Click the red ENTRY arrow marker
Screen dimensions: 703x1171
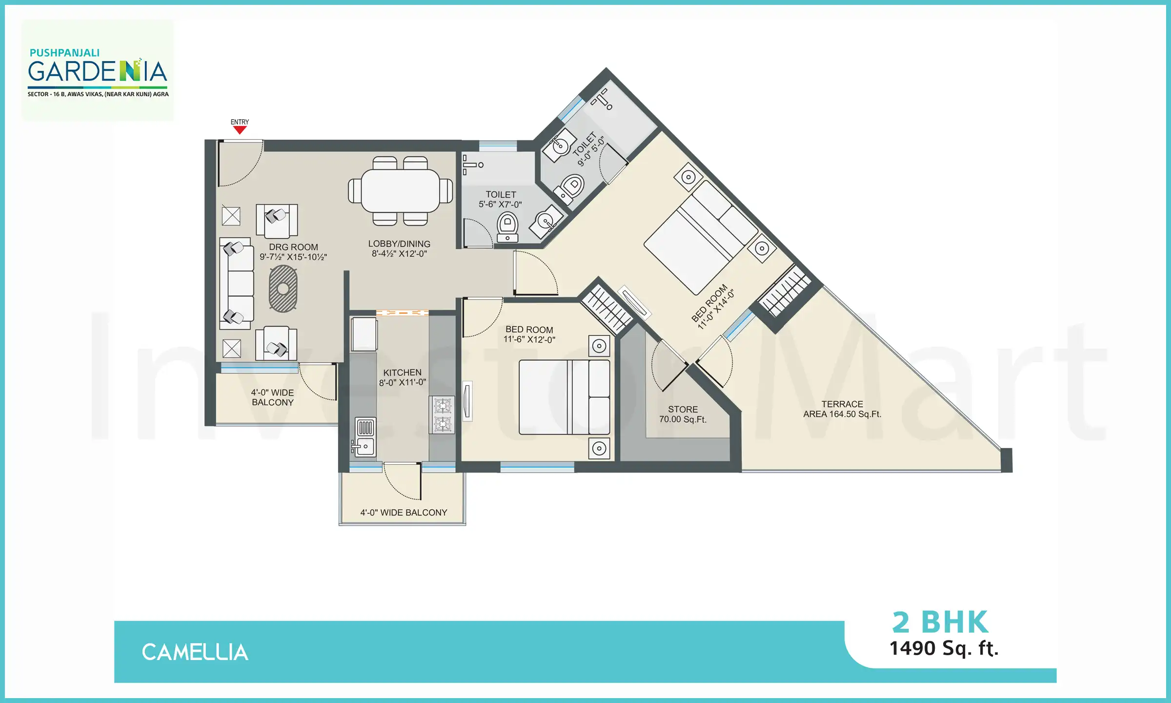click(x=240, y=130)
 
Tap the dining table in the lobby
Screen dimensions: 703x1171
click(x=400, y=190)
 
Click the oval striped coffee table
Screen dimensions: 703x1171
click(x=283, y=289)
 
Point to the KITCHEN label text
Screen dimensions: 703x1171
click(x=402, y=372)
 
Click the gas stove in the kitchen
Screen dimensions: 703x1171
click(x=442, y=414)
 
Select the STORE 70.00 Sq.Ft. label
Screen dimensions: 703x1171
click(x=683, y=414)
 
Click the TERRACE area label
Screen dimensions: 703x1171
click(x=842, y=409)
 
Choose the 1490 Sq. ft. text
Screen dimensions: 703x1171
click(x=944, y=648)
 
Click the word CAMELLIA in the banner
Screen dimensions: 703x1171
click(x=195, y=652)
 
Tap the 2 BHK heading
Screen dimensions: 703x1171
click(x=940, y=622)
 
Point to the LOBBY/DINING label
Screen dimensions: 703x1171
click(x=399, y=248)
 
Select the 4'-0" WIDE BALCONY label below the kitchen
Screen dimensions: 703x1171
click(x=404, y=513)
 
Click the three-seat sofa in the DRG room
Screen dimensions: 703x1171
click(x=237, y=283)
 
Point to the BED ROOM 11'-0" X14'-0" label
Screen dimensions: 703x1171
click(x=713, y=306)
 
